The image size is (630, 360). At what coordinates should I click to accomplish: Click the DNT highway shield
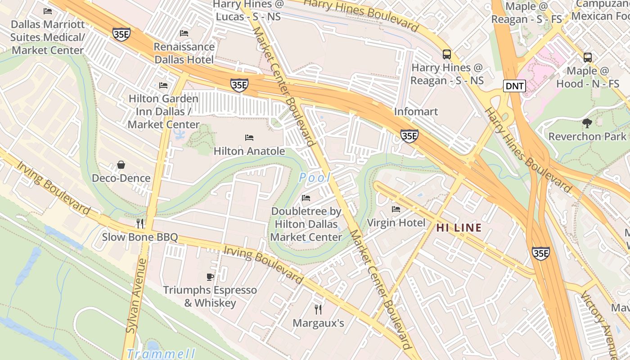[514, 86]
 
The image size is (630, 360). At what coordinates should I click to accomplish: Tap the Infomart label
[416, 111]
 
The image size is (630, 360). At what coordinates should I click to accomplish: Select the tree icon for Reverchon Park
[587, 123]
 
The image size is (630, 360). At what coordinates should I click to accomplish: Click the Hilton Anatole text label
[249, 151]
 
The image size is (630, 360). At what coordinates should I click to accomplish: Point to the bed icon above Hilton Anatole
[249, 138]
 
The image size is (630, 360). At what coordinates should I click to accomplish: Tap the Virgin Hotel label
[396, 222]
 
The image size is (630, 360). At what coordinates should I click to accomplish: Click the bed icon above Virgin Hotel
[396, 209]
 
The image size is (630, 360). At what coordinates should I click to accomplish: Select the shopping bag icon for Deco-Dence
[121, 165]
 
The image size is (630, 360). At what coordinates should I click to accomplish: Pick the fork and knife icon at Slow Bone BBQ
[140, 224]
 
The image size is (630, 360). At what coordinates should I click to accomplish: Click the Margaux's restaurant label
[318, 323]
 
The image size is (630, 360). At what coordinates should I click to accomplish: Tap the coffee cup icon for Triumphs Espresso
[210, 277]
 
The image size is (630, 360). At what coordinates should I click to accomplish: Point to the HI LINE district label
[459, 228]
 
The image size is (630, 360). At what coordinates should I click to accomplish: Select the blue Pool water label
[315, 178]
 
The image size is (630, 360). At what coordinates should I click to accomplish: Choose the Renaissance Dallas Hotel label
[184, 53]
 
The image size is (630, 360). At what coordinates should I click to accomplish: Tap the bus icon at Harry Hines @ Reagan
[447, 54]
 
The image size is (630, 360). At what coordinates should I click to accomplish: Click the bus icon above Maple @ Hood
[588, 58]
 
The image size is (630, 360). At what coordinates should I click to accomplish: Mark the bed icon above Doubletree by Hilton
[306, 198]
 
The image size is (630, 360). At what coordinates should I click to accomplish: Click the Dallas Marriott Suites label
[47, 37]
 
